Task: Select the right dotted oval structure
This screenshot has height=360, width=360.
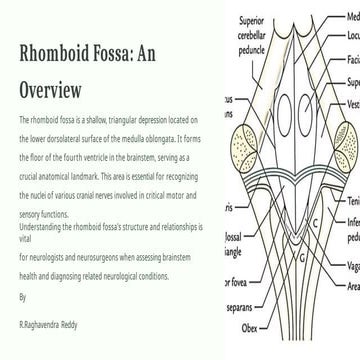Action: point(342,132)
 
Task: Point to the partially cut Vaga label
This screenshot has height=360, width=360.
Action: point(351,268)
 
